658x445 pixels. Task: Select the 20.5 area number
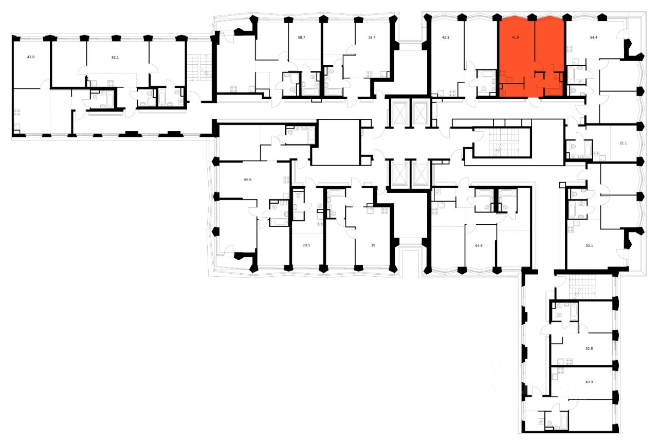point(306,245)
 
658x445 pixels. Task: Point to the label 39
point(373,245)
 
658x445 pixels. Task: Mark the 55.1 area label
point(589,246)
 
